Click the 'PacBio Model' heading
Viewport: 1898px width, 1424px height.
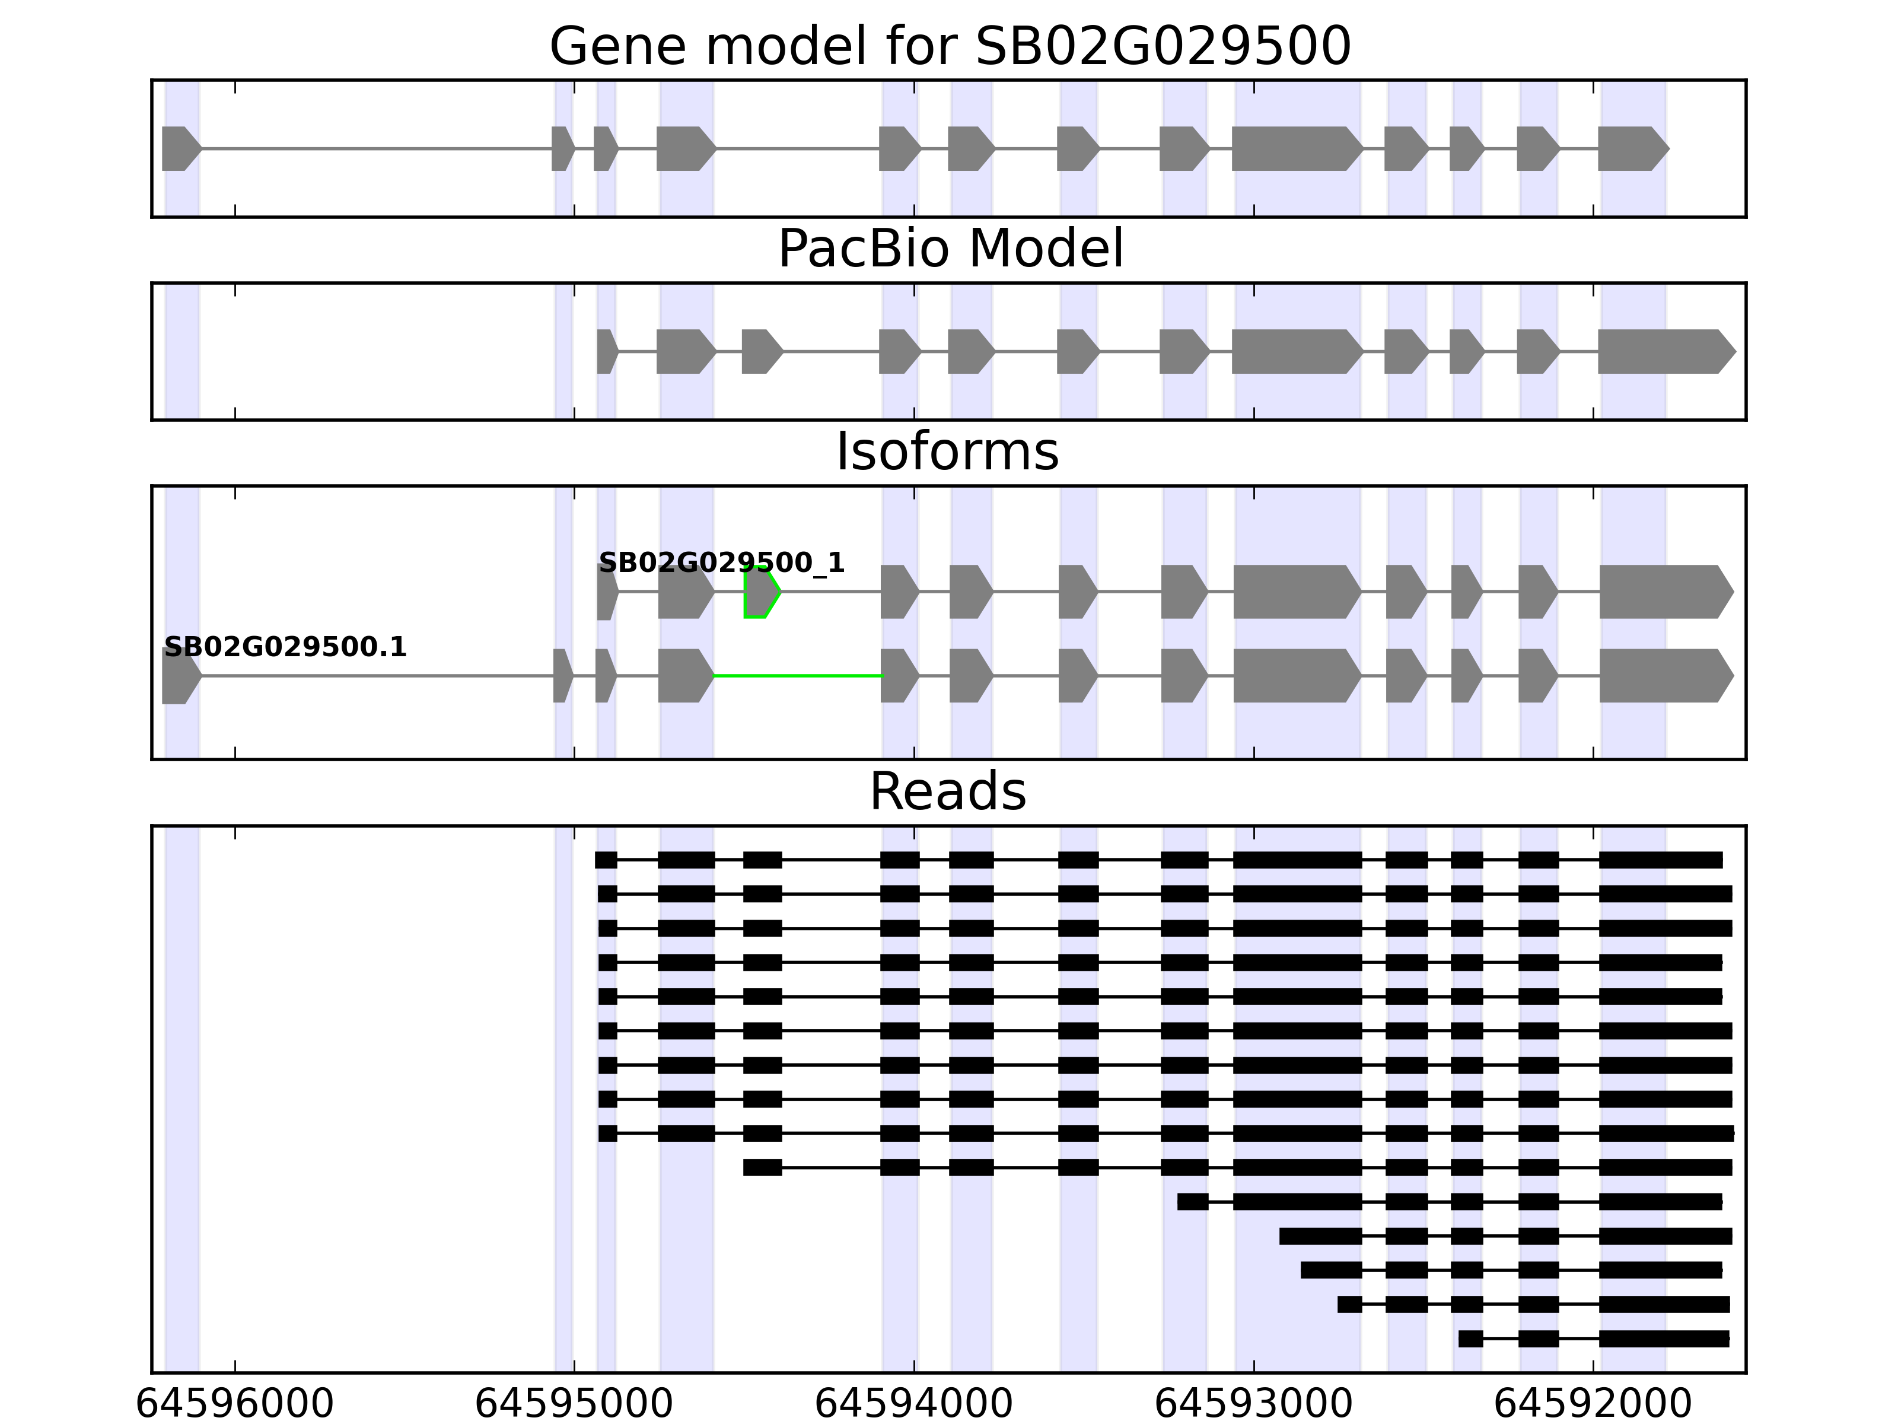950,249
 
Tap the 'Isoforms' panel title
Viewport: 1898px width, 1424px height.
947,452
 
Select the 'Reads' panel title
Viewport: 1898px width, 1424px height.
947,792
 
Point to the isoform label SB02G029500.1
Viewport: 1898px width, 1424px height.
285,647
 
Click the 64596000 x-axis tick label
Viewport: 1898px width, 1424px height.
234,1404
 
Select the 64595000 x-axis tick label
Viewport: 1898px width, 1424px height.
574,1404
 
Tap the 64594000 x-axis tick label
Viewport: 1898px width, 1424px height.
914,1404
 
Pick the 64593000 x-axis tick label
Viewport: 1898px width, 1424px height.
1254,1404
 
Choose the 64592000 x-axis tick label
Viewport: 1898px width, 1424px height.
1593,1404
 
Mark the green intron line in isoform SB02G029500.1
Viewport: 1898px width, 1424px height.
798,676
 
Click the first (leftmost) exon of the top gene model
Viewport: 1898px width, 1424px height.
179,148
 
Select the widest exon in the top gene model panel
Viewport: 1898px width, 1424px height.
1295,148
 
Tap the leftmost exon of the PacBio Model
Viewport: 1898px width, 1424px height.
606,351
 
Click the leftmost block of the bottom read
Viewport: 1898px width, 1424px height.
1470,1338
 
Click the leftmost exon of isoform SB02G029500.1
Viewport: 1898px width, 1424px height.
179,676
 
